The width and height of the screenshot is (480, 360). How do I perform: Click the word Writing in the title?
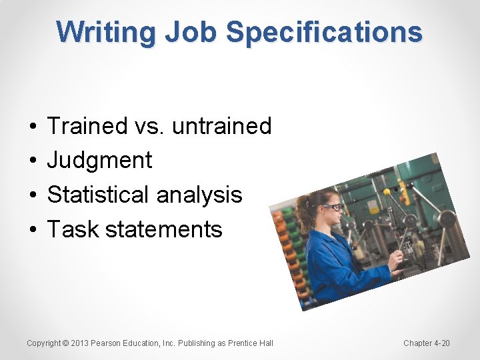click(105, 32)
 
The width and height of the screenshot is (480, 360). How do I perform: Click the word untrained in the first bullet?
click(221, 125)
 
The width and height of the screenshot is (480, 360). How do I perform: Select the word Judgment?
click(100, 160)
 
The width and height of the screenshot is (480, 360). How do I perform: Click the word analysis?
click(199, 195)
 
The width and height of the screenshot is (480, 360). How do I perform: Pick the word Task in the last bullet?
click(73, 229)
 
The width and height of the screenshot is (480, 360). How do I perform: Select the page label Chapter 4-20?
click(427, 343)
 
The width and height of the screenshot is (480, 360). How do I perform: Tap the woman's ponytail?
click(306, 213)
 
